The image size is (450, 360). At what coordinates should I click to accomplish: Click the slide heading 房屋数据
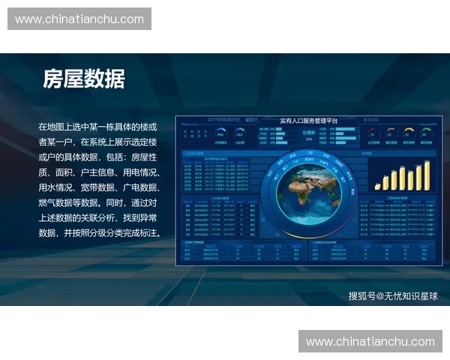click(x=83, y=79)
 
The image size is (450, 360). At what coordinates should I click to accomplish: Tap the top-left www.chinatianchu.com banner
click(x=79, y=19)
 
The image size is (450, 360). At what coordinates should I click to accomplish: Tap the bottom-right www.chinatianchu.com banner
click(x=370, y=341)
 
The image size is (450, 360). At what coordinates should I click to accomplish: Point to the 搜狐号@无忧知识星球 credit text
click(x=393, y=296)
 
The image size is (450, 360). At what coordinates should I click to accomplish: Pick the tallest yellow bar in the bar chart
click(x=427, y=174)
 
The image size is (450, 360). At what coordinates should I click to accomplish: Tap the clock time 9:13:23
click(x=371, y=120)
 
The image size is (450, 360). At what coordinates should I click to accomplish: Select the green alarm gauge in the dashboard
click(x=427, y=133)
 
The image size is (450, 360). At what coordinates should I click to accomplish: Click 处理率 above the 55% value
click(x=308, y=132)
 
